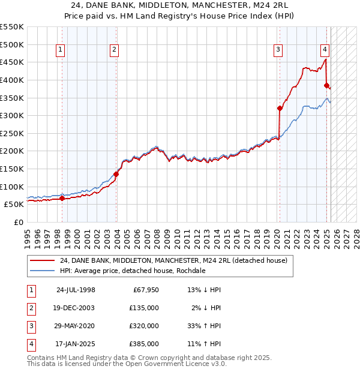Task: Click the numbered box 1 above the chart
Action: (61, 50)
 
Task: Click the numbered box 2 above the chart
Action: (113, 50)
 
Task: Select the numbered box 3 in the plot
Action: (278, 50)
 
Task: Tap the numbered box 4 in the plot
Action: (324, 50)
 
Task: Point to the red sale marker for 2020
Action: (280, 109)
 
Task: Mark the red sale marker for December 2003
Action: (116, 174)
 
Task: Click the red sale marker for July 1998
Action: (62, 198)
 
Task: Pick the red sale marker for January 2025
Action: (327, 85)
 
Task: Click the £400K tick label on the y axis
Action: (13, 80)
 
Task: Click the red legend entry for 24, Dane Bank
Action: (174, 260)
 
